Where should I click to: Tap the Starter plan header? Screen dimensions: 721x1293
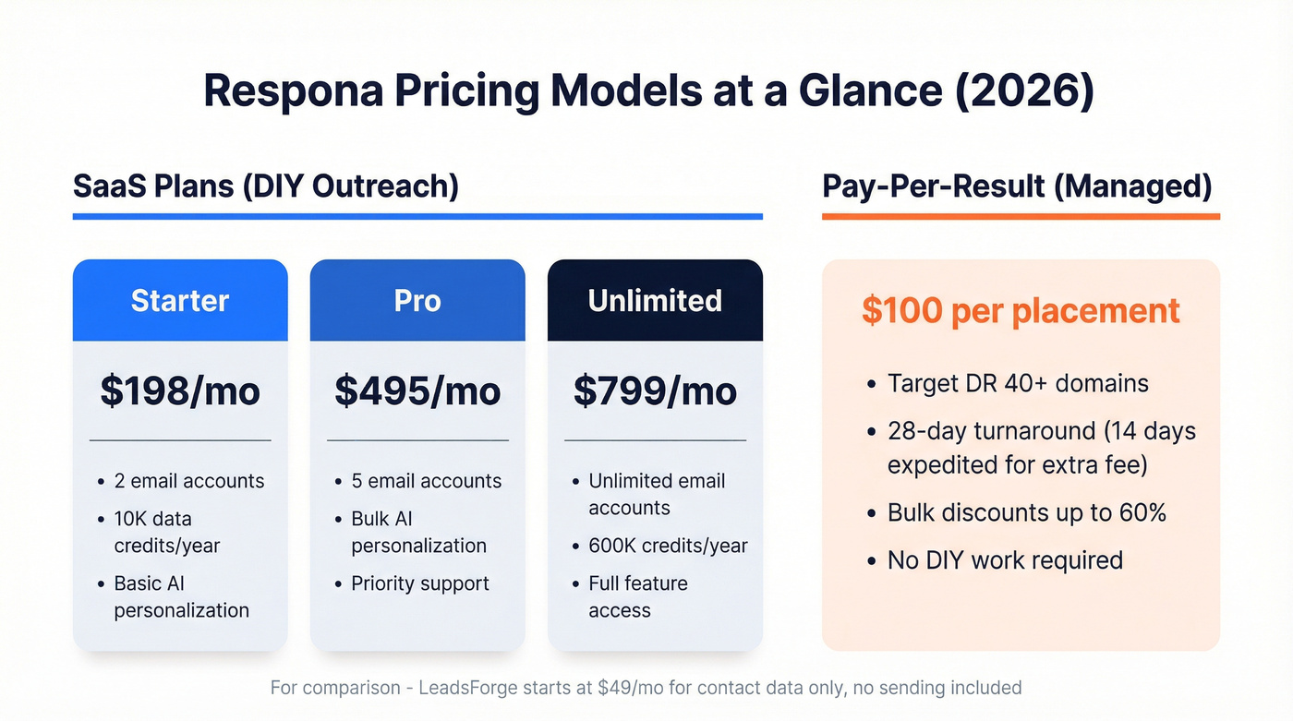(x=180, y=300)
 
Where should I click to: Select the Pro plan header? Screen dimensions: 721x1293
(x=417, y=300)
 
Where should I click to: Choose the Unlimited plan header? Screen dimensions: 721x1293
(x=655, y=300)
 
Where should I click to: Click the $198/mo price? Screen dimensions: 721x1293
(x=180, y=391)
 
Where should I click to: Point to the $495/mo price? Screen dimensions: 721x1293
(x=417, y=391)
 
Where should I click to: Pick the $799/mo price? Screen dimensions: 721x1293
(x=655, y=391)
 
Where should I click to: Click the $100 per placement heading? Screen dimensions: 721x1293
(x=1021, y=310)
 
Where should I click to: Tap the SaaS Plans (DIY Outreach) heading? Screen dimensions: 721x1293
(x=266, y=186)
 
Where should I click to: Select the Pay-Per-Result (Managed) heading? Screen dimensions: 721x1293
(x=1017, y=186)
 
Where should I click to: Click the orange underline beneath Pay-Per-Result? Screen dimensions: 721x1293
(x=1021, y=217)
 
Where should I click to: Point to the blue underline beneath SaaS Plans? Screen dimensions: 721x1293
(x=417, y=217)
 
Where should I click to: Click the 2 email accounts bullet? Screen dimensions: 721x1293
(x=188, y=481)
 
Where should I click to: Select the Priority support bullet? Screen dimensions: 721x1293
(x=420, y=583)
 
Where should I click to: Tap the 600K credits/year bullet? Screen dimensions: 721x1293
(x=668, y=546)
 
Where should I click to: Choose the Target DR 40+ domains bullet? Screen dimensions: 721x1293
(x=1018, y=383)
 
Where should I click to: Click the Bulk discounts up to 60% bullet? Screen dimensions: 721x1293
(x=1026, y=512)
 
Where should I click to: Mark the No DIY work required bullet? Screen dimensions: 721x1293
(x=1005, y=559)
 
